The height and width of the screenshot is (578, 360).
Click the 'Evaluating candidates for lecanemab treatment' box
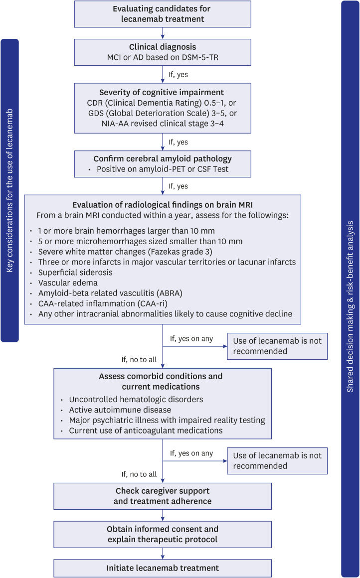pyautogui.click(x=163, y=14)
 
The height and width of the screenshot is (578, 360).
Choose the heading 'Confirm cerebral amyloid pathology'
pyautogui.click(x=163, y=159)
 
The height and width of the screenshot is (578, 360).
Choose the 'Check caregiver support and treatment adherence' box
pyautogui.click(x=163, y=496)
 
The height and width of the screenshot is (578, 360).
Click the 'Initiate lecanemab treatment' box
pyautogui.click(x=163, y=568)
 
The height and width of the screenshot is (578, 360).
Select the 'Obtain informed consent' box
pyautogui.click(x=163, y=533)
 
